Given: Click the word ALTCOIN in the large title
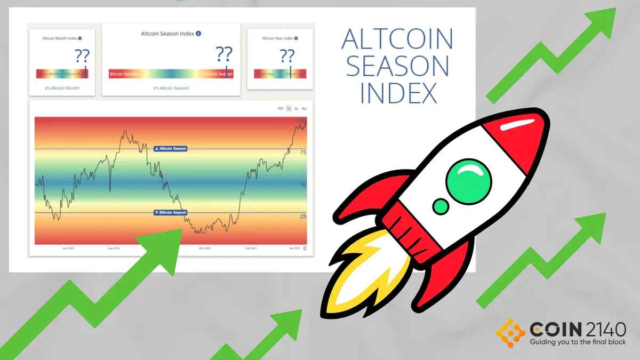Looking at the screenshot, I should [x=397, y=39].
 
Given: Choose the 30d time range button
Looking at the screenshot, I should [x=280, y=108].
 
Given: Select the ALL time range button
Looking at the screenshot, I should [x=305, y=108].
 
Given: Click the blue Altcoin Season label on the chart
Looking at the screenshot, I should [x=170, y=148].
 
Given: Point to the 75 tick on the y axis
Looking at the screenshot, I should [x=303, y=153].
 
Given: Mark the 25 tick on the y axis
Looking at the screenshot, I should [x=303, y=217].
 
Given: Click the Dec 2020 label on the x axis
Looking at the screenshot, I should [x=205, y=249].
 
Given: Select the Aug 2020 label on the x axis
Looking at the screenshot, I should [x=114, y=249].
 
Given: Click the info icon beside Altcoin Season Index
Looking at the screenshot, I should [x=199, y=34].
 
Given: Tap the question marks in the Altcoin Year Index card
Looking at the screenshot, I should [x=287, y=55].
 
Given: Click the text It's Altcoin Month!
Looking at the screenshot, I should [x=62, y=87].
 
